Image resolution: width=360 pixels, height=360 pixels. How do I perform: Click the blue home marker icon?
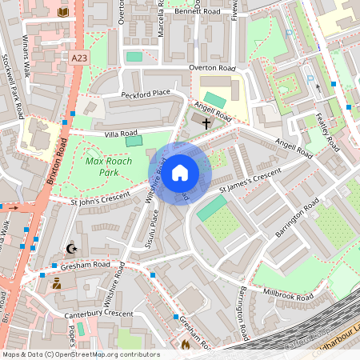tap(180, 172)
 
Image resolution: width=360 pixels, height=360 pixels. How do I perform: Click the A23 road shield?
tap(78, 58)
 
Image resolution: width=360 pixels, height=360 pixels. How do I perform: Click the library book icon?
tap(63, 12)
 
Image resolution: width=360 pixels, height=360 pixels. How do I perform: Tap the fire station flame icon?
tap(186, 345)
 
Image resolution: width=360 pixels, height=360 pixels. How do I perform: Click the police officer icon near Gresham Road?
tap(57, 282)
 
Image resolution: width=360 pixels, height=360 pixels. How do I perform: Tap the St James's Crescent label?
tap(250, 182)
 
